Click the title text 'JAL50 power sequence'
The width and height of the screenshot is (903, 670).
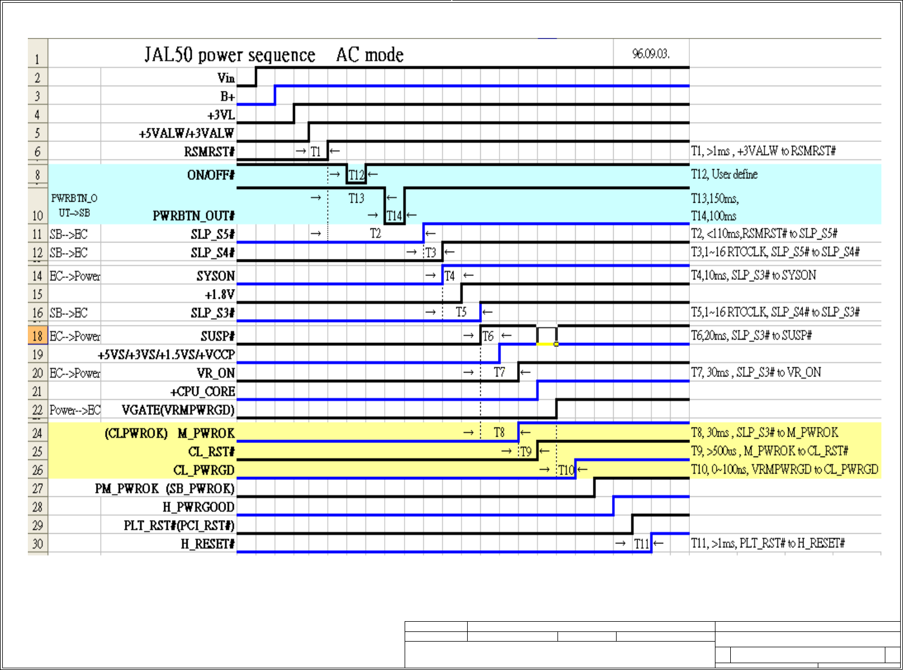pyautogui.click(x=230, y=55)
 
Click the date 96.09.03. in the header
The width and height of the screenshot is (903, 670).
pyautogui.click(x=651, y=54)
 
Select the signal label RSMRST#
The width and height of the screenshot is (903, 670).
pyautogui.click(x=209, y=152)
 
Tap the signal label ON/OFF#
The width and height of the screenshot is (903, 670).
pyautogui.click(x=211, y=175)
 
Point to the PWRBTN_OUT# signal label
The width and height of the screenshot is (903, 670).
pyautogui.click(x=193, y=216)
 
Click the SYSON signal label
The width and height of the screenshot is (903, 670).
pyautogui.click(x=215, y=276)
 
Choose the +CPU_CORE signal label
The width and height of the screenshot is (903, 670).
pyautogui.click(x=202, y=392)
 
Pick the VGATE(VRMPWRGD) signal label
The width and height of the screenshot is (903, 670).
pyautogui.click(x=178, y=410)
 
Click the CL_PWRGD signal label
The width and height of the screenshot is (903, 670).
pyautogui.click(x=203, y=470)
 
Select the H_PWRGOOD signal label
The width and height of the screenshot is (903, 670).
pyautogui.click(x=198, y=507)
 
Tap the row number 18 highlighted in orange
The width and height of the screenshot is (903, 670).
pyautogui.click(x=38, y=336)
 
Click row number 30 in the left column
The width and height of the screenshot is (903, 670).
pyautogui.click(x=38, y=544)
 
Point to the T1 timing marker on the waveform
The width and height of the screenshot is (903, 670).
pyautogui.click(x=316, y=152)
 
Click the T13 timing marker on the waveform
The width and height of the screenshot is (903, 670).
pyautogui.click(x=356, y=198)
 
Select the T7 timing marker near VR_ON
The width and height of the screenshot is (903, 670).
pyautogui.click(x=499, y=372)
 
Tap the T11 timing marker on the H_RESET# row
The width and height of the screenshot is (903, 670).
pyautogui.click(x=641, y=544)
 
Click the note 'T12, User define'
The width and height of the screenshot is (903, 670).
pyautogui.click(x=724, y=174)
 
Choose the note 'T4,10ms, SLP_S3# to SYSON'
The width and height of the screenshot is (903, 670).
pyautogui.click(x=753, y=275)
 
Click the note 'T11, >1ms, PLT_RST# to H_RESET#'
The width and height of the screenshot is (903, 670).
pyautogui.click(x=767, y=543)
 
